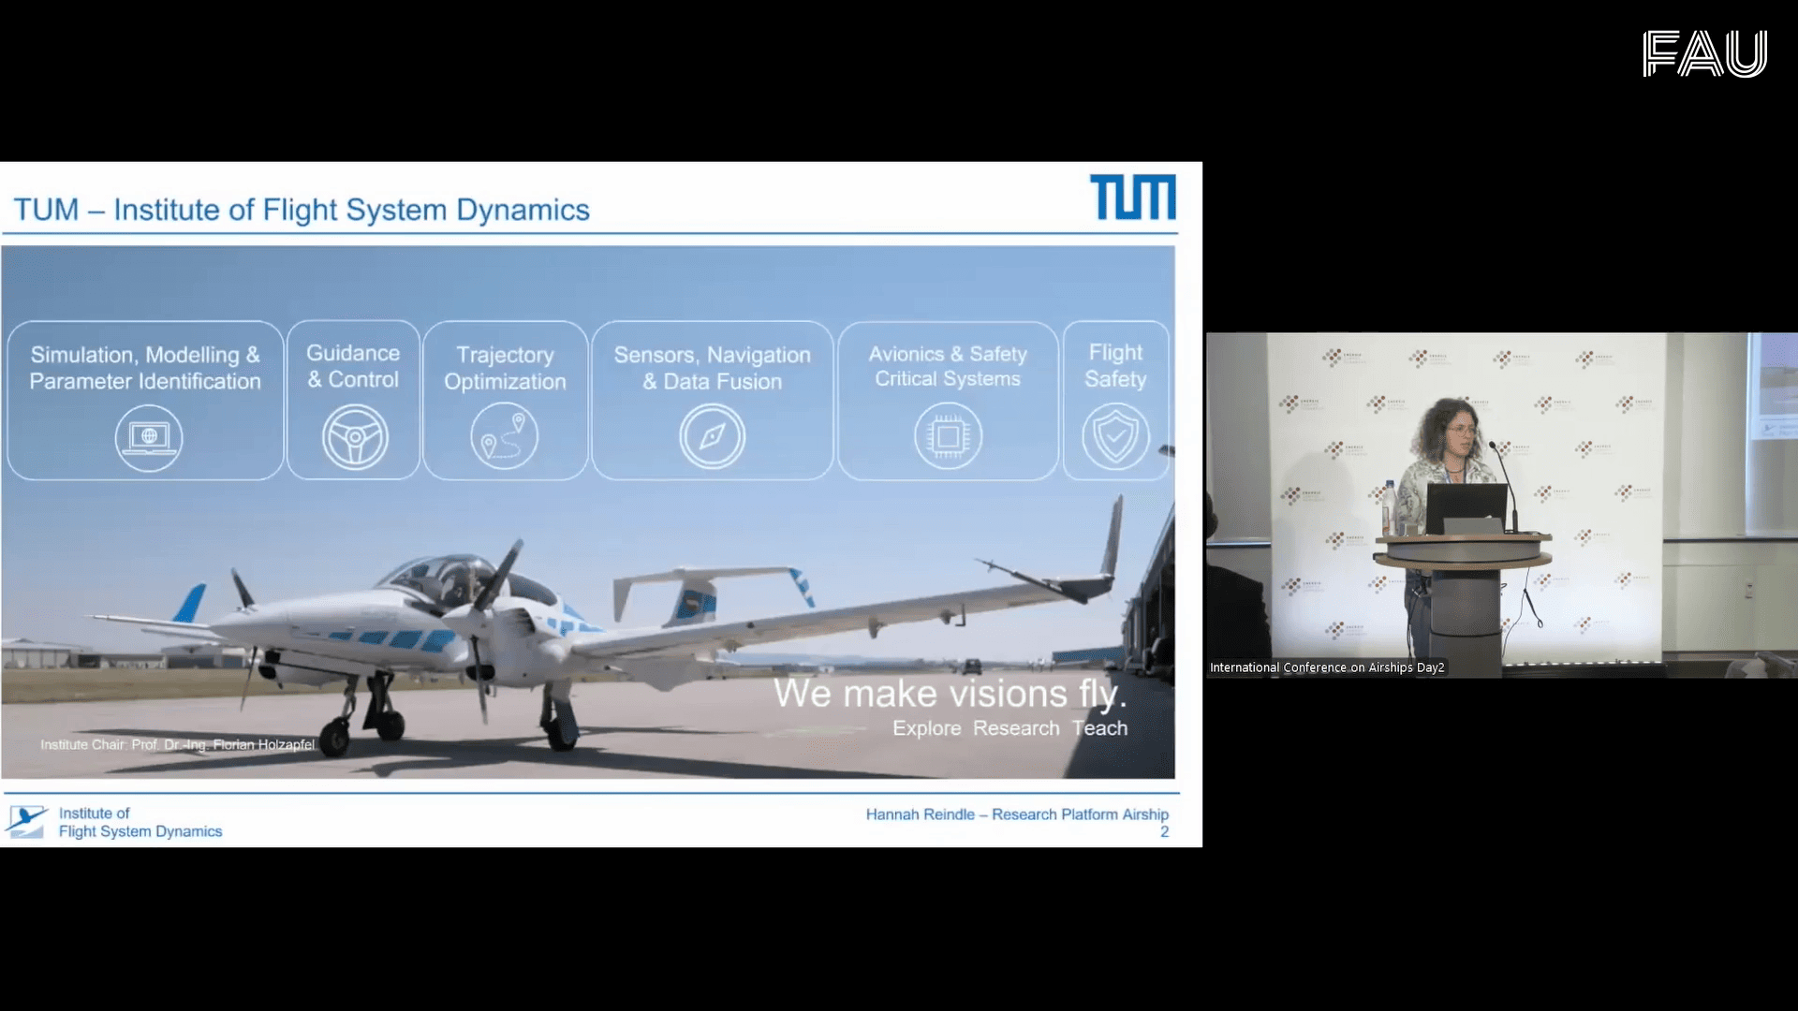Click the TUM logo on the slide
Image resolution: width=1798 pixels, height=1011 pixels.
[x=1132, y=198]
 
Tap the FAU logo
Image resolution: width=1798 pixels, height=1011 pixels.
[x=1704, y=53]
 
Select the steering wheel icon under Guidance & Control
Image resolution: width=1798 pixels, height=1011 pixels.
[x=355, y=437]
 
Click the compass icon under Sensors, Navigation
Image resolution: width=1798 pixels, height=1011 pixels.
[x=712, y=436]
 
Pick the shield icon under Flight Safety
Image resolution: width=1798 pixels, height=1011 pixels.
[x=1115, y=436]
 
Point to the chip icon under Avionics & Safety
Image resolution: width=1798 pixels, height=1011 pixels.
[x=948, y=436]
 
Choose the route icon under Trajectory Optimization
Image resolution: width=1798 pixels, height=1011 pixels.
[x=505, y=436]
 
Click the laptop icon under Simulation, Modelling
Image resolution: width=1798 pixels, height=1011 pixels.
[x=149, y=437]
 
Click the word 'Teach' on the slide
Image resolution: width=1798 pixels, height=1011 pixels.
[x=1099, y=728]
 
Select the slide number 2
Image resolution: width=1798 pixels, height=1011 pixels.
[x=1164, y=832]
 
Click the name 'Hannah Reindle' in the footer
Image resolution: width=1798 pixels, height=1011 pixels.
[x=920, y=814]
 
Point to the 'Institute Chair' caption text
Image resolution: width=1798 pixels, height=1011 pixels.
[x=177, y=745]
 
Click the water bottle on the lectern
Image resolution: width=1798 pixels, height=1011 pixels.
[x=1390, y=508]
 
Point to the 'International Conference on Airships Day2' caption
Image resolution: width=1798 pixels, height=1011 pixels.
[x=1327, y=667]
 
